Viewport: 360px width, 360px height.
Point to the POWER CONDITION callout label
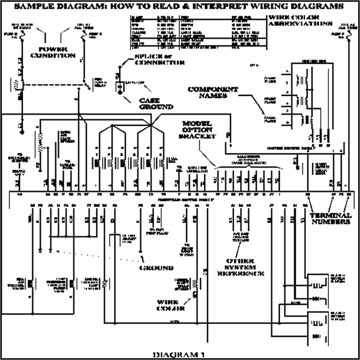pos(53,52)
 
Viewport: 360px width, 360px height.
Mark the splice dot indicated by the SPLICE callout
pos(120,66)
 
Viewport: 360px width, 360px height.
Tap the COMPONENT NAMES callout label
pos(213,92)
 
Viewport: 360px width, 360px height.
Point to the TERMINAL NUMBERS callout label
pos(331,219)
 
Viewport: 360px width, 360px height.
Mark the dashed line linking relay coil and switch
pos(53,85)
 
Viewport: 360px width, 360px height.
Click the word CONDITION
pos(53,56)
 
